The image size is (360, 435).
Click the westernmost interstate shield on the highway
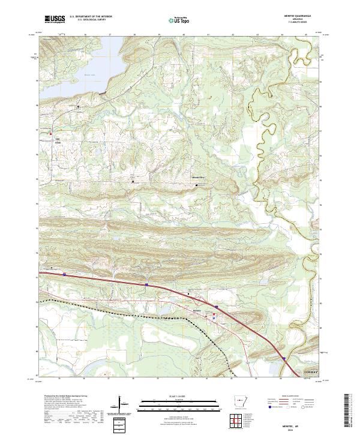click(x=64, y=274)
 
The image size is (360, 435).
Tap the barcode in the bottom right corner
click(x=348, y=413)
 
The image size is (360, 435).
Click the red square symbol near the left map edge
click(x=51, y=133)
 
